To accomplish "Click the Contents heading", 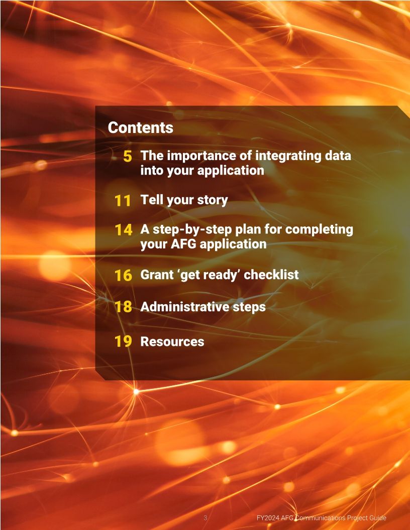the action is pyautogui.click(x=140, y=128).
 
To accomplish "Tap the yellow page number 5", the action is pyautogui.click(x=127, y=156).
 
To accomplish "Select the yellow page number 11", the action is pyautogui.click(x=123, y=201).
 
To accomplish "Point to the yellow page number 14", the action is pyautogui.click(x=123, y=230).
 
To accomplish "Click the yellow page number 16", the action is pyautogui.click(x=123, y=275).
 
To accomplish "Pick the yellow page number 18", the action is pyautogui.click(x=123, y=307).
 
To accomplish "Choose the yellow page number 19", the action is pyautogui.click(x=123, y=341).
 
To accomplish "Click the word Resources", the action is pyautogui.click(x=172, y=341).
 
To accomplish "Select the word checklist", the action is pyautogui.click(x=271, y=275).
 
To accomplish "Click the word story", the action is pyautogui.click(x=213, y=200).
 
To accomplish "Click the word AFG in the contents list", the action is pyautogui.click(x=183, y=244).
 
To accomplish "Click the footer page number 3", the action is pyautogui.click(x=206, y=518).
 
